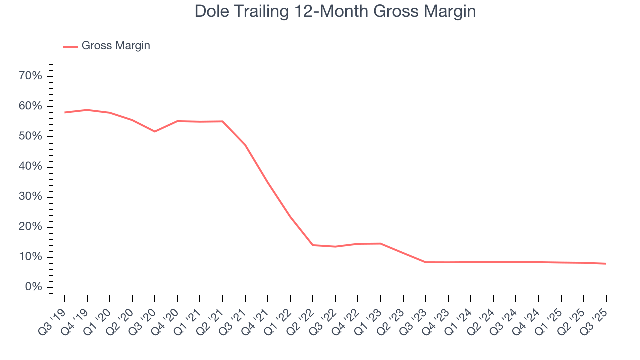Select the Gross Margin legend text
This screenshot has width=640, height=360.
(x=116, y=46)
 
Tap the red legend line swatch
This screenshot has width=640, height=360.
(x=70, y=46)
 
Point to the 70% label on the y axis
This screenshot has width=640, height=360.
(x=30, y=76)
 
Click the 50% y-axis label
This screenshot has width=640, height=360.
(x=30, y=137)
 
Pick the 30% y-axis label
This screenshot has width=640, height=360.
(x=30, y=197)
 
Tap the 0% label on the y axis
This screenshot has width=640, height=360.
(x=33, y=287)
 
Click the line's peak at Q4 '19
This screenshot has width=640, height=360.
(x=87, y=110)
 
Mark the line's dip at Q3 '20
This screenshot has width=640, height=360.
(x=155, y=131)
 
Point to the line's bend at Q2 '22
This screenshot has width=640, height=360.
(x=313, y=245)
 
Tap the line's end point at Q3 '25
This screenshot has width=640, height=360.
(x=606, y=263)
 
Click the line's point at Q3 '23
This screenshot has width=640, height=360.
(x=426, y=262)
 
